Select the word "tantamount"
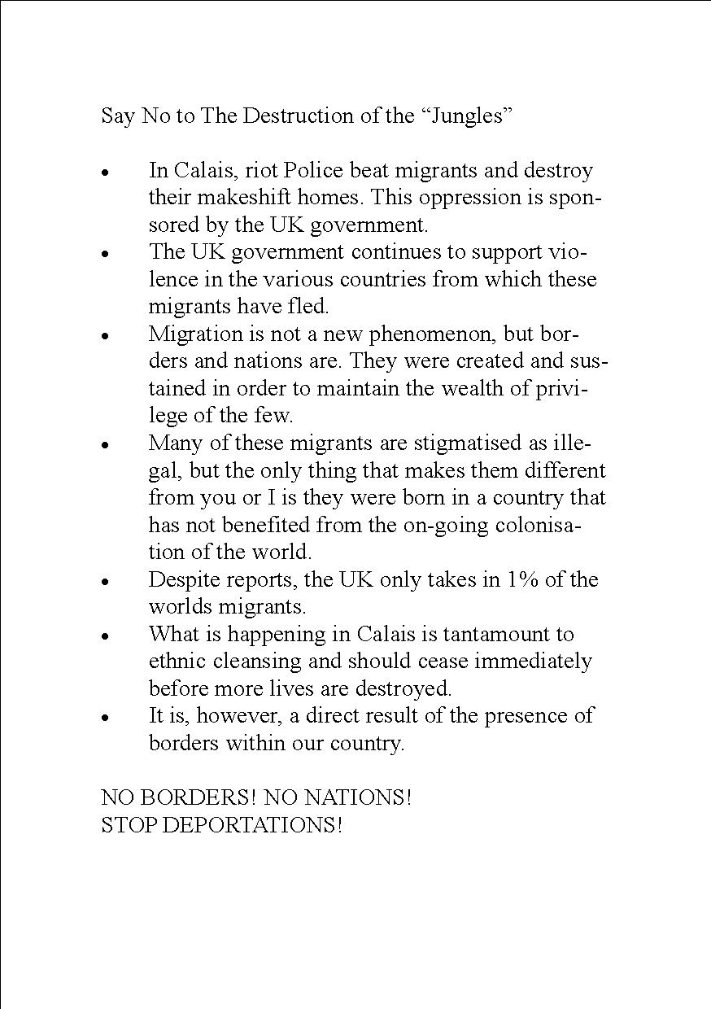pos(500,634)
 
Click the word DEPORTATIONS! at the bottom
pos(253,825)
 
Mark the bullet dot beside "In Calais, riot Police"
pos(105,173)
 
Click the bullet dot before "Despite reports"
pos(105,582)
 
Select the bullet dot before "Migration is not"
pos(105,335)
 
